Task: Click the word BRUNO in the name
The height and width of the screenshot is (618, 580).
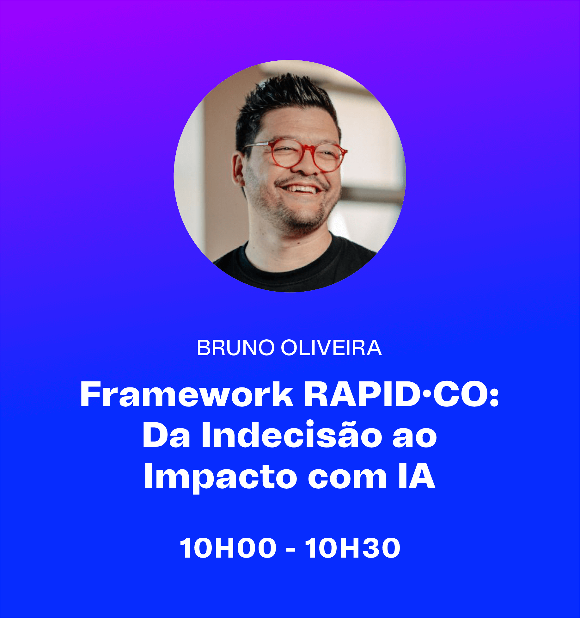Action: [235, 348]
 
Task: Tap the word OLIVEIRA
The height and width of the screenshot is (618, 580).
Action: [331, 348]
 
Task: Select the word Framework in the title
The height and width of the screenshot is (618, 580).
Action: [187, 394]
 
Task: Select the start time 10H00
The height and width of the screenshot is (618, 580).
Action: [228, 548]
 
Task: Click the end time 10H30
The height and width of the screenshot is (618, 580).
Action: [352, 548]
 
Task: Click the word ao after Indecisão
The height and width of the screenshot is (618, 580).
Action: [415, 438]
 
